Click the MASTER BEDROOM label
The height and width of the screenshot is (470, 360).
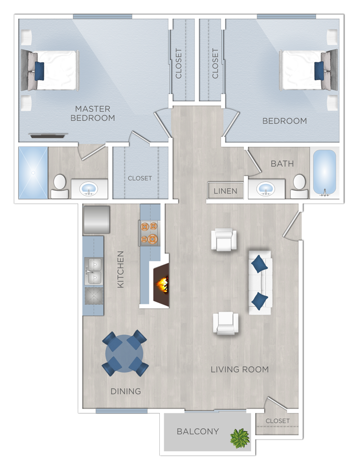click(x=92, y=113)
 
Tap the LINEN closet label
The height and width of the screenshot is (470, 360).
click(x=225, y=191)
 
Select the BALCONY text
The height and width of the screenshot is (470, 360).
click(x=198, y=431)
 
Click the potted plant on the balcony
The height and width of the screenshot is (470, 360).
click(x=240, y=438)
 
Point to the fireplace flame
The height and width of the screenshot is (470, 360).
click(x=162, y=285)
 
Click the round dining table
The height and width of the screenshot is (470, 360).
click(x=125, y=353)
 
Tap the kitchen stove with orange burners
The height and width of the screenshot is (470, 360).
click(x=150, y=233)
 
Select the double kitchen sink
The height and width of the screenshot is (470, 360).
click(x=93, y=271)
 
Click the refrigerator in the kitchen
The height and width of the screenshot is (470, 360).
click(x=96, y=220)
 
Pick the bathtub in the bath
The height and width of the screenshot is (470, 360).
click(x=325, y=173)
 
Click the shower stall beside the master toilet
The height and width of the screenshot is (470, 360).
click(x=33, y=173)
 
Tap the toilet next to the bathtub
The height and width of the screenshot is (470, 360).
click(x=299, y=186)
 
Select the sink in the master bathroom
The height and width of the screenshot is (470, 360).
click(x=89, y=189)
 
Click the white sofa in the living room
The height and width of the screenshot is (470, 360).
click(x=260, y=283)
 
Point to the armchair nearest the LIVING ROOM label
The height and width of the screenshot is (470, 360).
click(x=226, y=323)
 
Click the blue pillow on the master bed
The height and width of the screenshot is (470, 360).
click(x=39, y=71)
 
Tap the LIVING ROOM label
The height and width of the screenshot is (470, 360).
click(x=240, y=370)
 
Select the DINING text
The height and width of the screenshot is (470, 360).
click(x=125, y=391)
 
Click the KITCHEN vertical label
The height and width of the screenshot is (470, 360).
click(x=120, y=269)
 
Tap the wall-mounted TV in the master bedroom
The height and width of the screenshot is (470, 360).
click(x=49, y=136)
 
